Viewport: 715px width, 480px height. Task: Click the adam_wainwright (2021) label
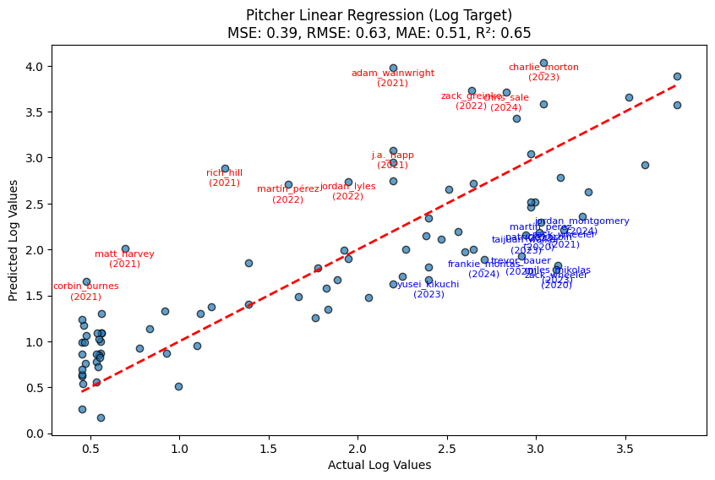(393, 78)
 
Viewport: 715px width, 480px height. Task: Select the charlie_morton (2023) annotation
(543, 72)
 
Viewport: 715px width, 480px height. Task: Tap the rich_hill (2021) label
(225, 177)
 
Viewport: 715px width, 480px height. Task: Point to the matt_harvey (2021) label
(124, 259)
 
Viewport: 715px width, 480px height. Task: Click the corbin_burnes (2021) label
(86, 291)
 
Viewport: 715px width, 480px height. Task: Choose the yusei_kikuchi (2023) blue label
(428, 289)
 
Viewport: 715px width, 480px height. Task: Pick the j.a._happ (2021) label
(393, 160)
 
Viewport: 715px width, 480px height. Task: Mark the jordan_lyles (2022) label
(347, 191)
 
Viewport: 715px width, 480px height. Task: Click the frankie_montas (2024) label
(483, 269)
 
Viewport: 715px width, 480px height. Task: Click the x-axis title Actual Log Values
(379, 465)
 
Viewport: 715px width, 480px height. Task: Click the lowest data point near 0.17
(101, 417)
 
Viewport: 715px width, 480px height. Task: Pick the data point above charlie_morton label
(543, 63)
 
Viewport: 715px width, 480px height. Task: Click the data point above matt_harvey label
(125, 248)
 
